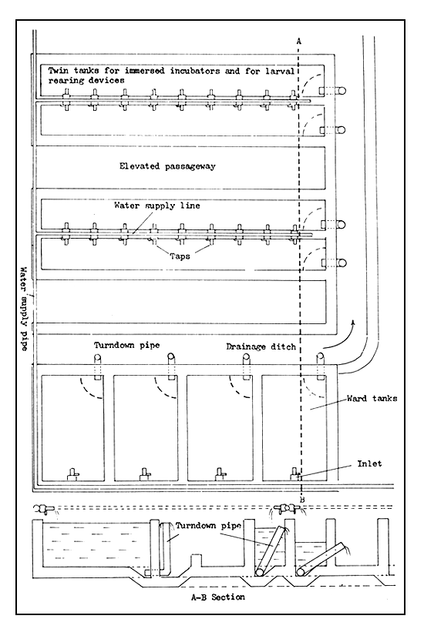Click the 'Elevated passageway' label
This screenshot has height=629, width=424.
(x=167, y=166)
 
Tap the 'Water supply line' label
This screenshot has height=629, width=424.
(x=157, y=206)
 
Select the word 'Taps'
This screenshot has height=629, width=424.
(x=180, y=256)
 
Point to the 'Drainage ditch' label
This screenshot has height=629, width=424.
(x=261, y=346)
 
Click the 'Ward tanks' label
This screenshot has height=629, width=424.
(x=372, y=398)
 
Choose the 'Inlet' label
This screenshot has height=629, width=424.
(x=369, y=463)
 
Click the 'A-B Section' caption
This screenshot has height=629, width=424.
(x=217, y=597)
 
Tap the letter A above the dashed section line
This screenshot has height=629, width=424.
(x=299, y=41)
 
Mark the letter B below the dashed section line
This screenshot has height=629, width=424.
(x=302, y=500)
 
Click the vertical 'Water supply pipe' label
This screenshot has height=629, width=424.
(x=25, y=309)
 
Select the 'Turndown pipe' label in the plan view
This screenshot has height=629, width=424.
(x=127, y=346)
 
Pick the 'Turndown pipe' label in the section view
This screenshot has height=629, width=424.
(x=208, y=526)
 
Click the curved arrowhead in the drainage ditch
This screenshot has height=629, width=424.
(x=353, y=323)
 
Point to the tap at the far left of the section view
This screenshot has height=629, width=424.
(x=43, y=510)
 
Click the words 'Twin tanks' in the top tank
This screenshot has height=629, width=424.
(x=69, y=71)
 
